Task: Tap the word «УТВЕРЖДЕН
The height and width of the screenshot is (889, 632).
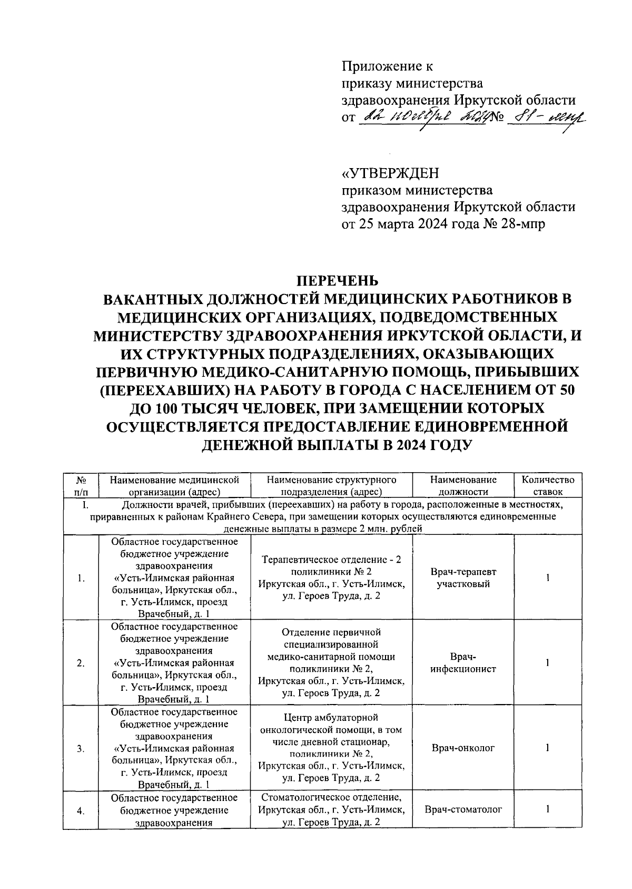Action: pyautogui.click(x=391, y=173)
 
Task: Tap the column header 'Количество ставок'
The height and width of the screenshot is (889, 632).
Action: pyautogui.click(x=548, y=485)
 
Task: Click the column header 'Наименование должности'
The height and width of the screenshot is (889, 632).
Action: pyautogui.click(x=463, y=485)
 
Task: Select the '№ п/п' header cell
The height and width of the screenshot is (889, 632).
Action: pyautogui.click(x=81, y=485)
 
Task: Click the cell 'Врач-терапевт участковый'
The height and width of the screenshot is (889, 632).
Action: pyautogui.click(x=463, y=578)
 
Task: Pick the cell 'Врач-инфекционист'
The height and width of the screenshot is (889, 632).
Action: pyautogui.click(x=463, y=663)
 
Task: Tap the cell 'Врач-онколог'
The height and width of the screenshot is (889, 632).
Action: pyautogui.click(x=463, y=748)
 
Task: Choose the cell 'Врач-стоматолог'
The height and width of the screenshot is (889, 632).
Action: pyautogui.click(x=463, y=809)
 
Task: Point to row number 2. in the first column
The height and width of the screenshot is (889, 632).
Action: pyautogui.click(x=81, y=663)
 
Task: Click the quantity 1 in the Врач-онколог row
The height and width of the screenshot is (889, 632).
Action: pyautogui.click(x=548, y=748)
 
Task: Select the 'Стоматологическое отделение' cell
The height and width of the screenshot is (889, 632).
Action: pyautogui.click(x=331, y=809)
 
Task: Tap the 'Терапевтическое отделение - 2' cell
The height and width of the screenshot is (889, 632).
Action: pyautogui.click(x=331, y=578)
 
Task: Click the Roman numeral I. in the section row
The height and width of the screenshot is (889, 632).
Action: pyautogui.click(x=84, y=505)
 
